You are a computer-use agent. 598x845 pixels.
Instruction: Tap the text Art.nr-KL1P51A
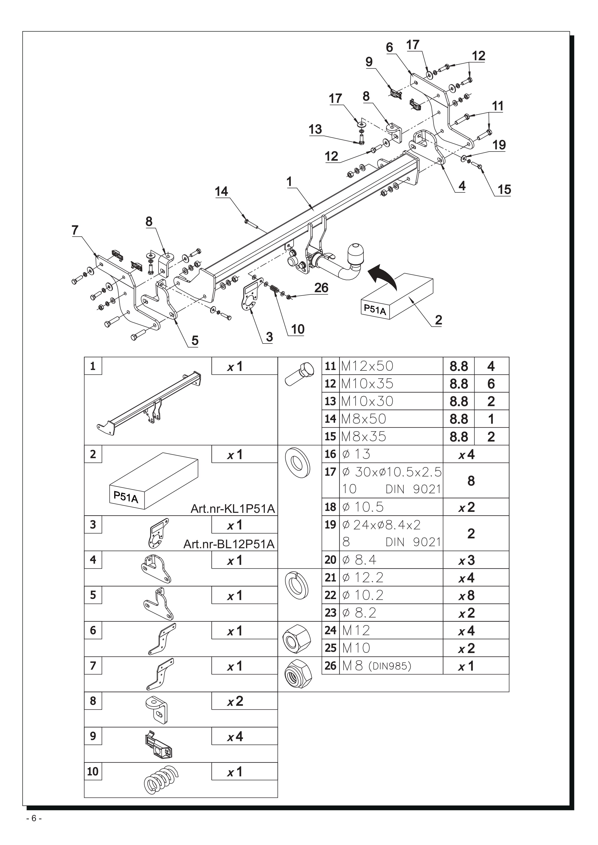click(233, 509)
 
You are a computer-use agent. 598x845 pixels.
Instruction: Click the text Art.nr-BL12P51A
click(229, 544)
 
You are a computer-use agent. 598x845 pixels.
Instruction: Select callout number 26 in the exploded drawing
click(321, 288)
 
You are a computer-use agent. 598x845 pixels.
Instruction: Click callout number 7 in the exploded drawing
click(75, 230)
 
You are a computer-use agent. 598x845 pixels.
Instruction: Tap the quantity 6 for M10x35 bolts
click(491, 384)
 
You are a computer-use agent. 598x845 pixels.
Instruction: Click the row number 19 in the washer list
click(330, 525)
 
